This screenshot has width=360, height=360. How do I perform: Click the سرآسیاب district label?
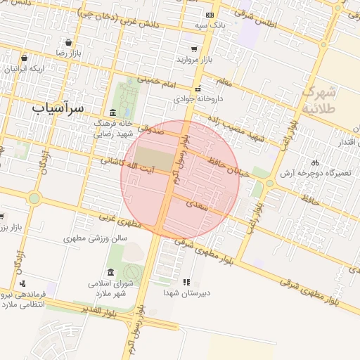click(x=58, y=108)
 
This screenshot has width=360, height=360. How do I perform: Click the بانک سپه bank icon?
click(x=209, y=15)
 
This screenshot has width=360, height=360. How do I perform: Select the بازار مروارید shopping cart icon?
click(x=193, y=49)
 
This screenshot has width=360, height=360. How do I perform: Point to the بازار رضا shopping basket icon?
click(x=67, y=42)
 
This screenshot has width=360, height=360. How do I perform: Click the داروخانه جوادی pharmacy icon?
click(x=199, y=89)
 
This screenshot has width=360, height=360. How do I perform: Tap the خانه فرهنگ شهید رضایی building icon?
click(x=113, y=113)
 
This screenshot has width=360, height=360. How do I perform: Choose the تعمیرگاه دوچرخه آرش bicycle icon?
click(x=315, y=162)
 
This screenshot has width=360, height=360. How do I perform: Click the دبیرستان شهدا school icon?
click(x=186, y=282)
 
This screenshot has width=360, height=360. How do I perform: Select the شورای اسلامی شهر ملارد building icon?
click(x=110, y=272)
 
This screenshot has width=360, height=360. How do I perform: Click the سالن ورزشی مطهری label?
click(x=96, y=238)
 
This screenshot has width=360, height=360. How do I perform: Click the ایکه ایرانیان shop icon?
click(x=25, y=58)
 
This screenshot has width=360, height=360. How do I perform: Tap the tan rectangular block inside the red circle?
click(x=153, y=158)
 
